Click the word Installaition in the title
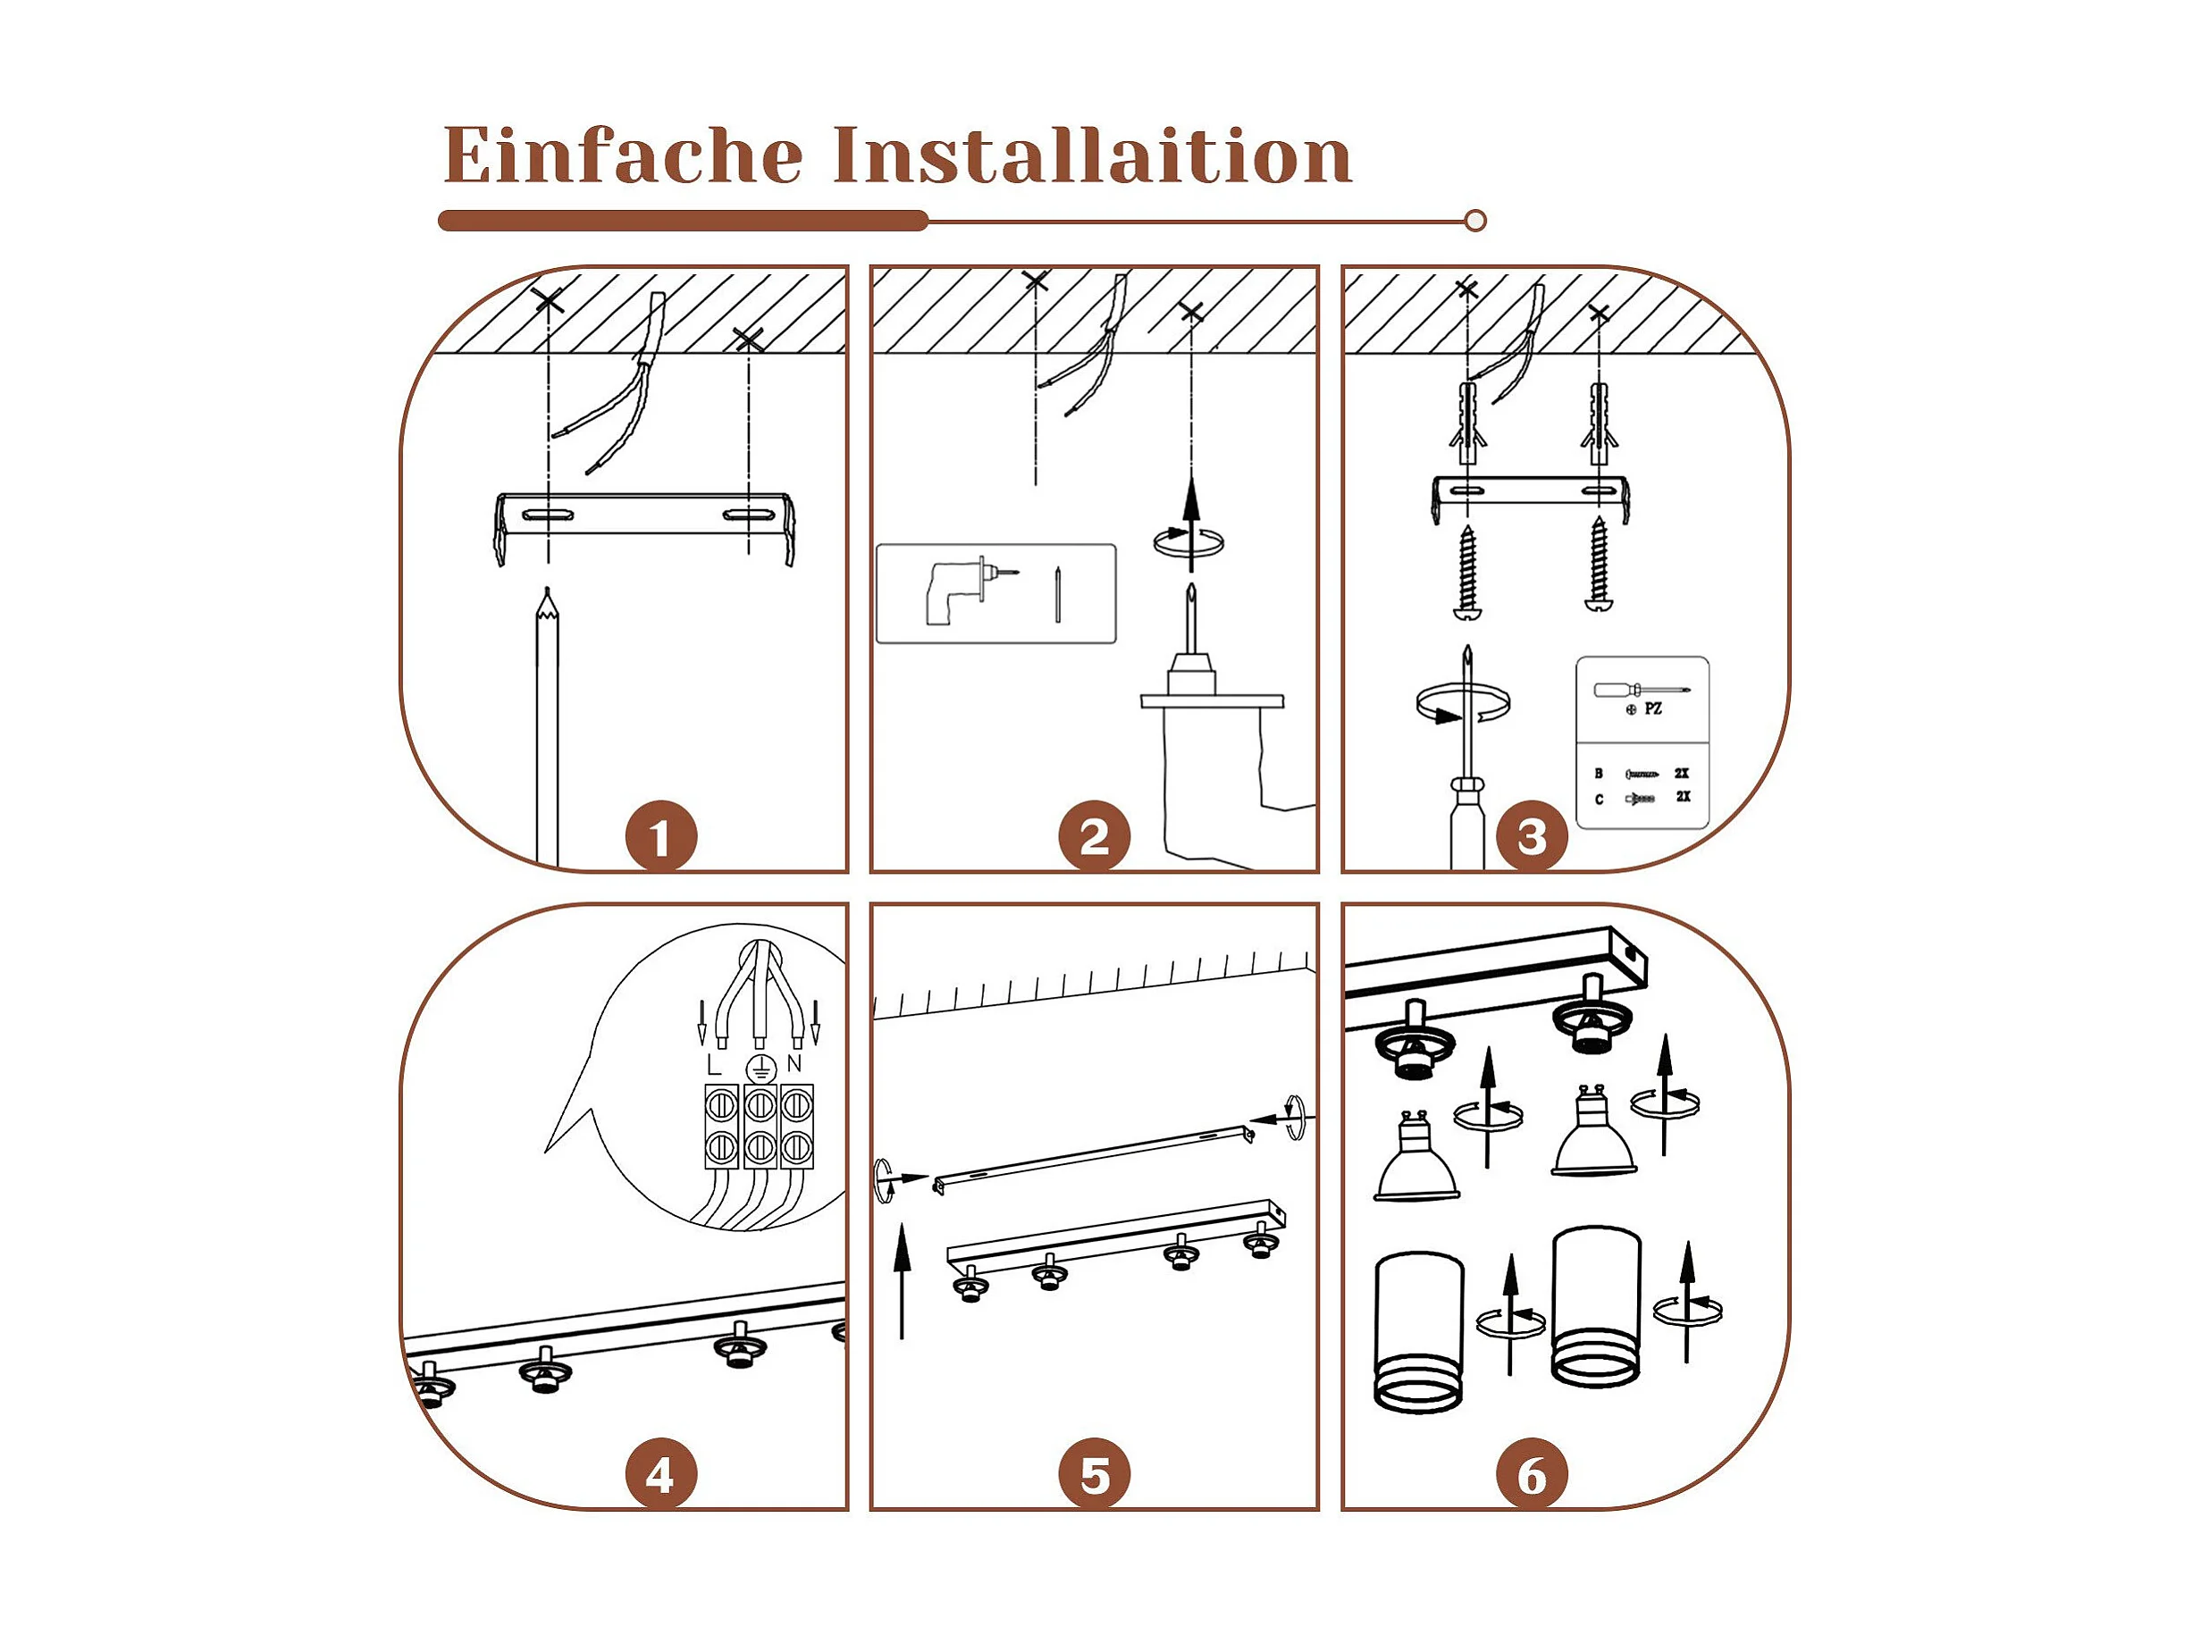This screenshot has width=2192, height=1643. tap(1092, 155)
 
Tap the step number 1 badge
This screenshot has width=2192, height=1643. tap(661, 838)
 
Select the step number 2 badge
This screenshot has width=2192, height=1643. tap(1094, 838)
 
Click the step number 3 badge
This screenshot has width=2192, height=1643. tap(1532, 838)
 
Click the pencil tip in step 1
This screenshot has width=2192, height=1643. tap(547, 590)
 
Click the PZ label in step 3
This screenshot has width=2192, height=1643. tap(1653, 708)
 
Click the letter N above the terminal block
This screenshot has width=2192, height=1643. tap(794, 1064)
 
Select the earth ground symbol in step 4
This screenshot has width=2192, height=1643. tap(759, 1069)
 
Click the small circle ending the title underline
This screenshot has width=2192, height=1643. tap(1474, 221)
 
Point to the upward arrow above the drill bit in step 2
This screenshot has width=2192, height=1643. tap(1192, 525)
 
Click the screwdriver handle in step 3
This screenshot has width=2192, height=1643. tap(1466, 825)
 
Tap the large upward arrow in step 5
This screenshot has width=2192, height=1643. tap(902, 1280)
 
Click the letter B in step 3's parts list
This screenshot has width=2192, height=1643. tap(1599, 773)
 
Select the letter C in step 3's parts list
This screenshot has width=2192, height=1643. tap(1599, 799)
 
